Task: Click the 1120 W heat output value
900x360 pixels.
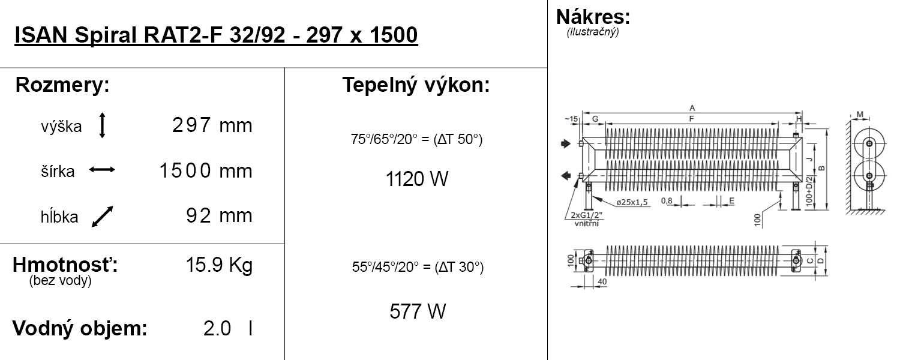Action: click(x=417, y=179)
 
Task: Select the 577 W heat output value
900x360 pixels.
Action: click(x=417, y=311)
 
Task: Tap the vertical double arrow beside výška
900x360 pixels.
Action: click(x=102, y=125)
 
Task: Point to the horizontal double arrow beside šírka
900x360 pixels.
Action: click(x=102, y=170)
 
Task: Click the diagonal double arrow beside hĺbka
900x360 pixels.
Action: click(x=102, y=217)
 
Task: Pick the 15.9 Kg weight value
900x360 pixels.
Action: click(x=220, y=265)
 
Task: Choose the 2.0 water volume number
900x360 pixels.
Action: click(x=217, y=329)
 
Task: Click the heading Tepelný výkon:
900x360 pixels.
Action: click(x=416, y=85)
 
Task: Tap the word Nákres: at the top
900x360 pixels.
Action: click(x=593, y=16)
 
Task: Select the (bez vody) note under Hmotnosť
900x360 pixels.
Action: click(x=60, y=281)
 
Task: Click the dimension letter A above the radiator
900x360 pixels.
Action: click(x=692, y=108)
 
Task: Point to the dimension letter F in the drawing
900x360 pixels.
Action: click(x=692, y=119)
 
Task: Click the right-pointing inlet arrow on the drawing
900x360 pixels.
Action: click(x=565, y=143)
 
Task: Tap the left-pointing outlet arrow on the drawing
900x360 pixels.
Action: click(x=565, y=175)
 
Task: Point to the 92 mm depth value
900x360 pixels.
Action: click(x=219, y=216)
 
